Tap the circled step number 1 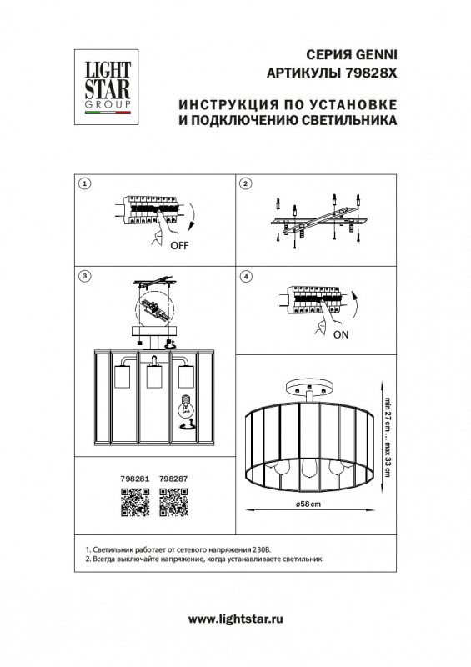(x=83, y=183)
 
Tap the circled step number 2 (x=246, y=183)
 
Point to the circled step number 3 (x=83, y=276)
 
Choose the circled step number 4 (x=246, y=276)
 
